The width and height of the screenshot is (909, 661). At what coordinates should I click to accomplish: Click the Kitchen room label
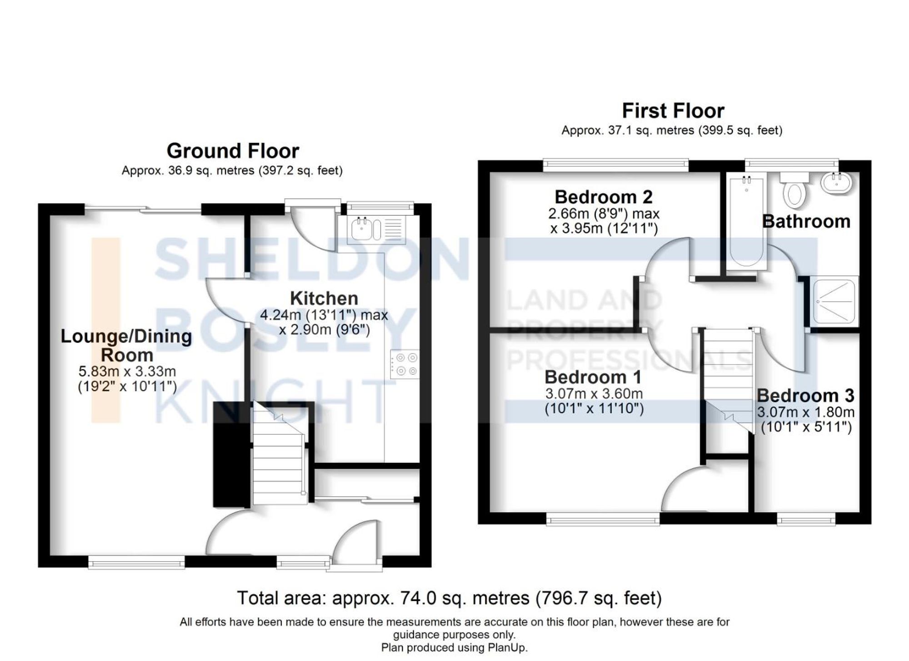324,298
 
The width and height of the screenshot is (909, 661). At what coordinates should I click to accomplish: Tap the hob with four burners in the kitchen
405,364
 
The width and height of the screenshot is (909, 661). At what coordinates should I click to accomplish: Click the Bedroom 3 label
805,396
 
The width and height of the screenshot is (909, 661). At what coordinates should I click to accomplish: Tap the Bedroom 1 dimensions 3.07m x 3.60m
594,393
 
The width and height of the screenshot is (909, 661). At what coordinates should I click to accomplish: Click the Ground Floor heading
233,151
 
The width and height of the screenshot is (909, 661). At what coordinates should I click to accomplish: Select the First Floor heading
673,111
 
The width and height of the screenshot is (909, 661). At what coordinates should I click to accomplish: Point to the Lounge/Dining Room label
126,345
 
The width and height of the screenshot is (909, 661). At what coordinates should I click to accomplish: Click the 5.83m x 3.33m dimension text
127,372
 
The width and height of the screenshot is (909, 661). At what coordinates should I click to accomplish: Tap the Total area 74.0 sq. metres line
449,598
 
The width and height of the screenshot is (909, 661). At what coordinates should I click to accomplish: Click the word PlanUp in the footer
508,648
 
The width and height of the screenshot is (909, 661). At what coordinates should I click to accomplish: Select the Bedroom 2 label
603,197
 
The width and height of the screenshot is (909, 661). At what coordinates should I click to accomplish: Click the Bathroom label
806,221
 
